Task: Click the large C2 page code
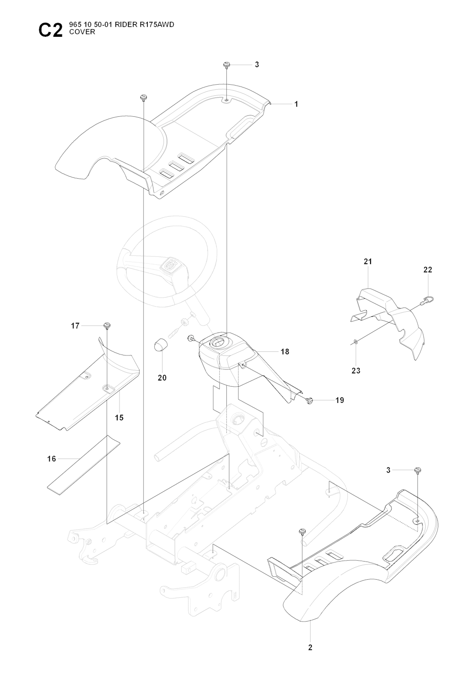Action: pyautogui.click(x=50, y=30)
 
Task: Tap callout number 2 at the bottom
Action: pyautogui.click(x=310, y=647)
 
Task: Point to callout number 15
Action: pyautogui.click(x=119, y=418)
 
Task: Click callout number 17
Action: pyautogui.click(x=75, y=326)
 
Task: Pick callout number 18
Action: pyautogui.click(x=284, y=352)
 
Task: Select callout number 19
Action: pyautogui.click(x=340, y=400)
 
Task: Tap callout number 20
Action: pyautogui.click(x=162, y=378)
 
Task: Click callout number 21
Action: pyautogui.click(x=368, y=262)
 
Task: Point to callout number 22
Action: pyautogui.click(x=428, y=270)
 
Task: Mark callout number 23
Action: pyautogui.click(x=356, y=371)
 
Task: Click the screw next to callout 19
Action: pyautogui.click(x=310, y=399)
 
